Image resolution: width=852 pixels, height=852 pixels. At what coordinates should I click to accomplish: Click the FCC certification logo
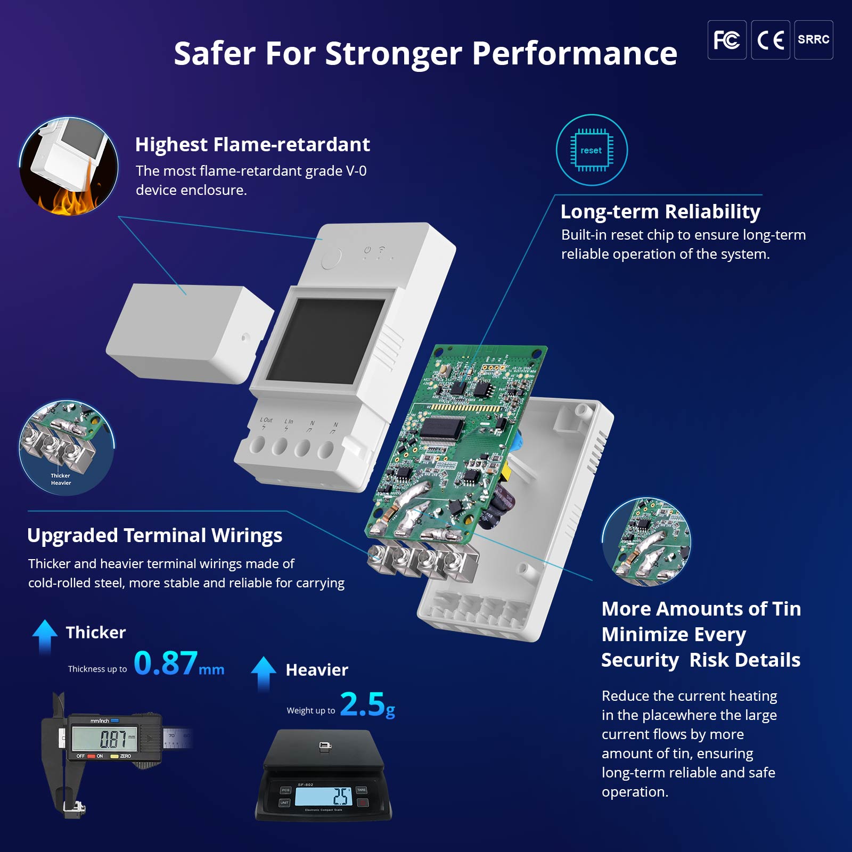click(x=726, y=40)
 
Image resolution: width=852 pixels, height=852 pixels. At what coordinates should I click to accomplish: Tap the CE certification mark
click(x=770, y=40)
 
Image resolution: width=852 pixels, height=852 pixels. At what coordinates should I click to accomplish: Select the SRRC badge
click(x=813, y=40)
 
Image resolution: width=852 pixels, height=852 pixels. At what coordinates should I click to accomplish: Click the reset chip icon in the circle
click(x=592, y=150)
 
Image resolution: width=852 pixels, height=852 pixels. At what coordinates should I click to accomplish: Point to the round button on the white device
click(x=331, y=259)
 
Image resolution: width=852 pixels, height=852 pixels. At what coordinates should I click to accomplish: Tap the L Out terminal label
click(x=266, y=420)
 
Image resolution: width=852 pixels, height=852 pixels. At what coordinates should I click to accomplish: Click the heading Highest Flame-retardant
click(x=252, y=144)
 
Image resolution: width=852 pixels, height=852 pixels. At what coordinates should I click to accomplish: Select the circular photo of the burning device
click(x=69, y=167)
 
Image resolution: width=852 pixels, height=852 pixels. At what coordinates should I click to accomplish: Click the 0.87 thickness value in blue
click(x=166, y=663)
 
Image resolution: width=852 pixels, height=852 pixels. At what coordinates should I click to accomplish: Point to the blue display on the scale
click(x=323, y=797)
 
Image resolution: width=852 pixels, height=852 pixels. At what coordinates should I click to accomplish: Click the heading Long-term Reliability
click(x=660, y=211)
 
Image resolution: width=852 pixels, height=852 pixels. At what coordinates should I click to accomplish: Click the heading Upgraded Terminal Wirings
click(x=154, y=535)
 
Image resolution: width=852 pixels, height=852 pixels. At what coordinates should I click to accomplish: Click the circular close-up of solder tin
click(x=646, y=542)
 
